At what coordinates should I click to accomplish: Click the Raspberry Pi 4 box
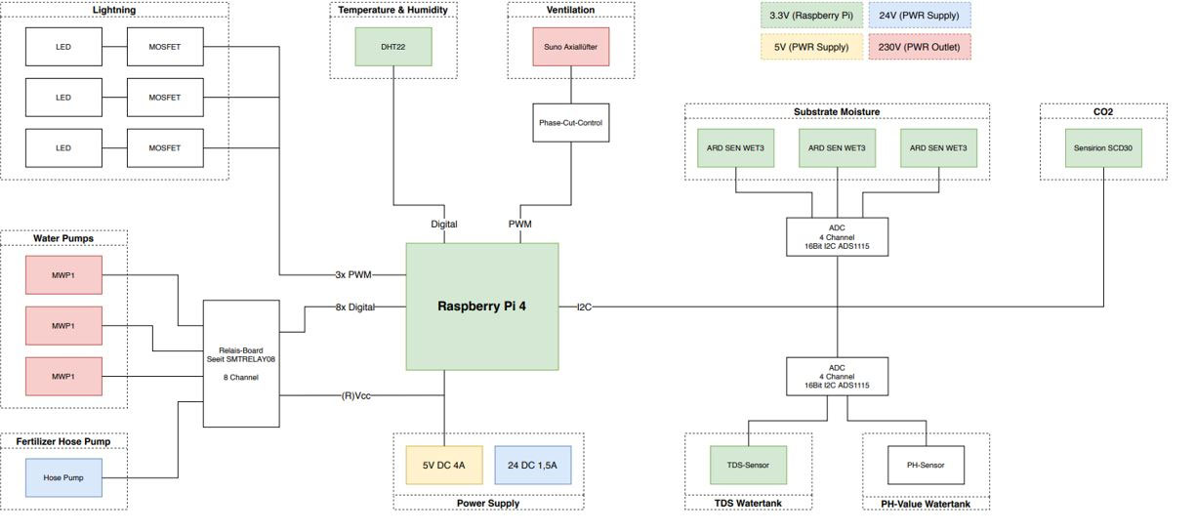[x=481, y=307]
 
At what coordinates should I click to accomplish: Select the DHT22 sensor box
[x=392, y=46]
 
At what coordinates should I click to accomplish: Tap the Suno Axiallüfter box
[x=570, y=46]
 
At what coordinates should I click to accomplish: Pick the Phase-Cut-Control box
[x=570, y=122]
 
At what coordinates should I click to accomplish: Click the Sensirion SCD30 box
[x=1102, y=148]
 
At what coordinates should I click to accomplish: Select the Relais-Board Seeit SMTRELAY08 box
[x=240, y=363]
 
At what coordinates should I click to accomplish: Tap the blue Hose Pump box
[x=63, y=478]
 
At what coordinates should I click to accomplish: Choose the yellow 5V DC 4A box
[x=443, y=466]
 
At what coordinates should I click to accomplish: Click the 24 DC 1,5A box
[x=532, y=466]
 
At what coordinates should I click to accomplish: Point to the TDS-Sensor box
[x=749, y=465]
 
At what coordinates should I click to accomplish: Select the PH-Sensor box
[x=926, y=465]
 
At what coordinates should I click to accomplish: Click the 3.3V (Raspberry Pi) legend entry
[x=811, y=16]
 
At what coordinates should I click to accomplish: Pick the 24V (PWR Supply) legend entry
[x=919, y=16]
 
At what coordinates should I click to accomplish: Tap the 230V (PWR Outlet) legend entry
[x=919, y=47]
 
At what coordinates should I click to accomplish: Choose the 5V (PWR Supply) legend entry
[x=811, y=47]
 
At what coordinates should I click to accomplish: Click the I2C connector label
[x=584, y=307]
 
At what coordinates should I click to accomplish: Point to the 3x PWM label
[x=353, y=275]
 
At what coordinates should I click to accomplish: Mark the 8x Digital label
[x=354, y=307]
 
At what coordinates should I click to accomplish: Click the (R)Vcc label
[x=355, y=395]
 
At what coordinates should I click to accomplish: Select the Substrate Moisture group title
[x=837, y=112]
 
